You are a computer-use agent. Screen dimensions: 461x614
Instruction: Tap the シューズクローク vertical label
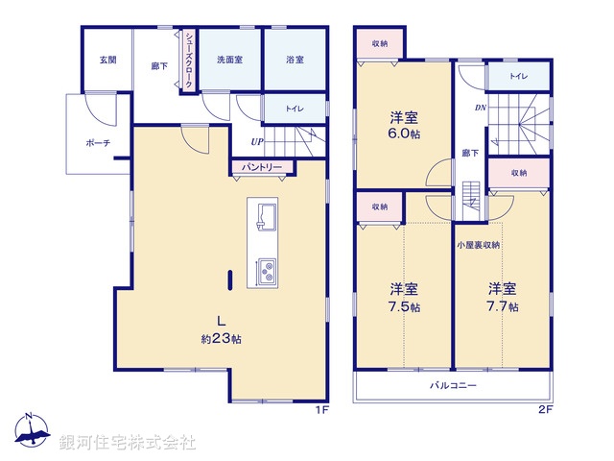(x=189, y=60)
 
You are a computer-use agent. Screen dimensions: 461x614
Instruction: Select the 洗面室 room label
(x=228, y=60)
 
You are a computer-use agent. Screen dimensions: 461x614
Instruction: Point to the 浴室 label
(x=295, y=60)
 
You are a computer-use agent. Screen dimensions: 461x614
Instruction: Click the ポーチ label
(x=98, y=143)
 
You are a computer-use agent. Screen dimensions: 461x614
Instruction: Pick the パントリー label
(x=262, y=167)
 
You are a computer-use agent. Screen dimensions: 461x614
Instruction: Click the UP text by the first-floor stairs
(x=257, y=143)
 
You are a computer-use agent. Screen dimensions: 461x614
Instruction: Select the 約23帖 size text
(x=221, y=339)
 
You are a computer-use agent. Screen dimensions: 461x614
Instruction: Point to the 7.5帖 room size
(x=403, y=306)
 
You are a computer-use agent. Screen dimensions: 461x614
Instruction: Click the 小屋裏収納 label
(x=479, y=245)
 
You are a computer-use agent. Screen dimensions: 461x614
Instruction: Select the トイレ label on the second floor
(x=517, y=75)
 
